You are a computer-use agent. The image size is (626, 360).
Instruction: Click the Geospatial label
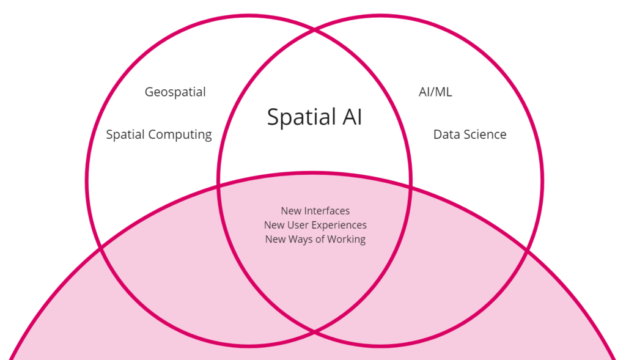(175, 92)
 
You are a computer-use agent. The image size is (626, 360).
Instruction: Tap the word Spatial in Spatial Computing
(125, 134)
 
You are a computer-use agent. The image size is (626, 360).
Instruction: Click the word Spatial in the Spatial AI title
(300, 117)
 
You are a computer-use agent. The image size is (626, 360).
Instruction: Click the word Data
(446, 134)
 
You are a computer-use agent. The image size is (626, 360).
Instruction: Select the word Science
(485, 134)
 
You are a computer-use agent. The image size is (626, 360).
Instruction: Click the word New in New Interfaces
(292, 211)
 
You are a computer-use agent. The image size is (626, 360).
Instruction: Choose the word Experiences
(339, 225)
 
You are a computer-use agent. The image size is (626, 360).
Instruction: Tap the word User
(298, 225)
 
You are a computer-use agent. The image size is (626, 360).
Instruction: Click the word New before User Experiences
(274, 225)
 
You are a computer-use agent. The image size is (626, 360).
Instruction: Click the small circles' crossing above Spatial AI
(314, 29)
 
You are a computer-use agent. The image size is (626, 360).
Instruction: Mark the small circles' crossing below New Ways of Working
(314, 332)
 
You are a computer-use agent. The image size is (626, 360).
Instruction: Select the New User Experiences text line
(315, 225)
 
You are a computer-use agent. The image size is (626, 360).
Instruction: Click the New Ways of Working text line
(315, 239)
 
